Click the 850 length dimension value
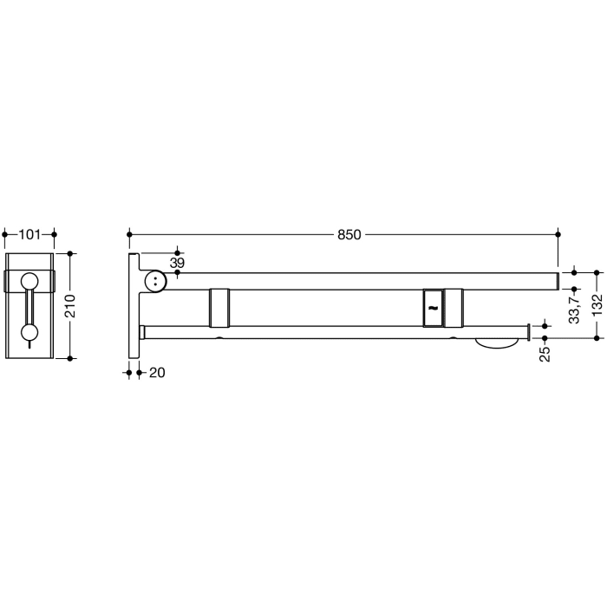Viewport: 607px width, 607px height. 349,234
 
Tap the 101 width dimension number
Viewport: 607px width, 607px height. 29,234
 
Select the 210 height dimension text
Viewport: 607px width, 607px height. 71,305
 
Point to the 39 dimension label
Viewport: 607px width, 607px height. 177,263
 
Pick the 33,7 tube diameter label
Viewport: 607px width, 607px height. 573,307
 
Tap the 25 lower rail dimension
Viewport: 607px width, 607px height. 545,354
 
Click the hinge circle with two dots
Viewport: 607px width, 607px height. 155,280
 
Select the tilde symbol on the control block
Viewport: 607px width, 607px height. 433,307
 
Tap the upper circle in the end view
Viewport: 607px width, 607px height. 29,281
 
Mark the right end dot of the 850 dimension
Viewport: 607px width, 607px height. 558,234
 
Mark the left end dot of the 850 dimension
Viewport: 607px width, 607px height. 129,234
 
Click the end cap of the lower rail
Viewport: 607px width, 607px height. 527,332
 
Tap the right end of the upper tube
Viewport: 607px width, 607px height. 555,280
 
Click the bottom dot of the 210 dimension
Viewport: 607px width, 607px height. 71,356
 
